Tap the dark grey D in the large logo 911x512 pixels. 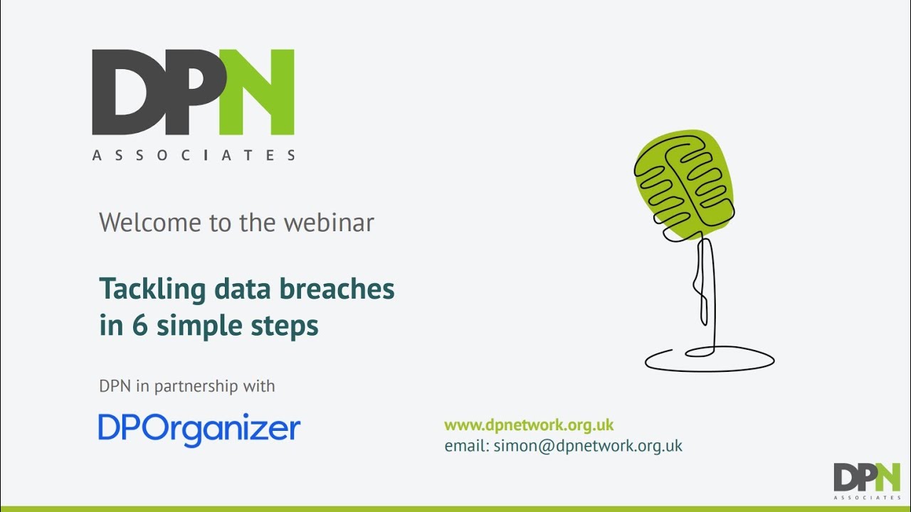[x=127, y=92]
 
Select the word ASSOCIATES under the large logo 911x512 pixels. [x=194, y=155]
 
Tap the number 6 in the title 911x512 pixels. [x=139, y=326]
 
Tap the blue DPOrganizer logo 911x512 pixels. [x=199, y=429]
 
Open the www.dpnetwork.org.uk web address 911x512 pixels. [x=529, y=425]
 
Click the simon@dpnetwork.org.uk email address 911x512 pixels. [x=588, y=446]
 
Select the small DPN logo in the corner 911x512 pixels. [x=867, y=478]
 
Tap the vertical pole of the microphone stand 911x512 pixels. [x=706, y=292]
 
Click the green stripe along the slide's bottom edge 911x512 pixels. [x=455, y=508]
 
